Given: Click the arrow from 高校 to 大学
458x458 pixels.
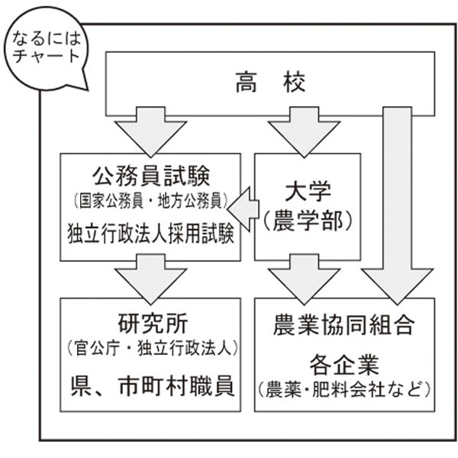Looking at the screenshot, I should point(299,130).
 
